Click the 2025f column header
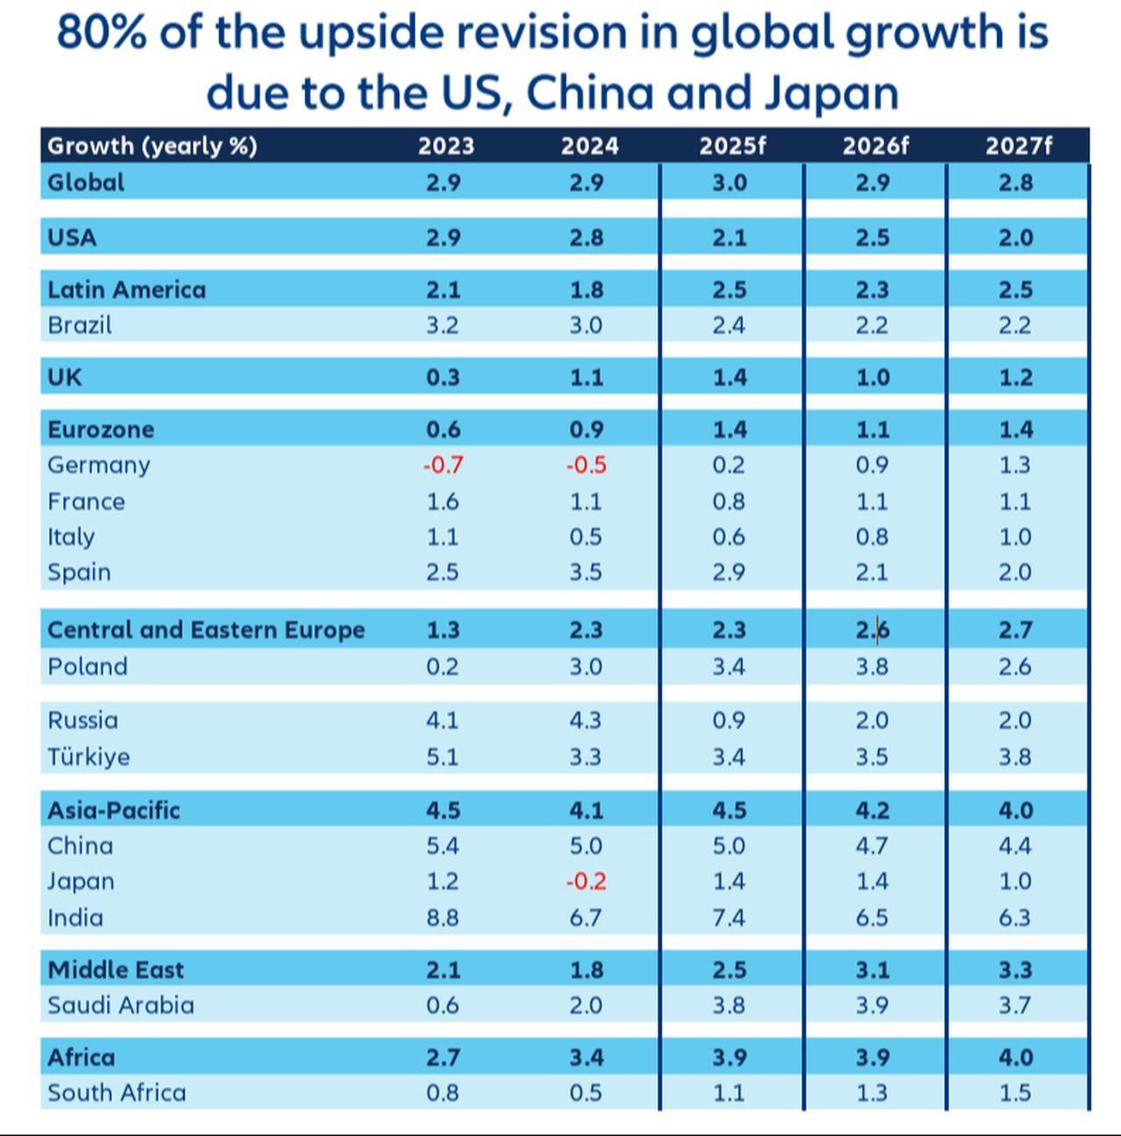tap(731, 145)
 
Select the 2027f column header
tap(1018, 145)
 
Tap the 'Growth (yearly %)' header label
tap(152, 145)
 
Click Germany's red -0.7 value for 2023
tap(442, 465)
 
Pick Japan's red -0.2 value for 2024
tap(586, 881)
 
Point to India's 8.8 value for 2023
tap(442, 917)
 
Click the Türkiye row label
tap(88, 757)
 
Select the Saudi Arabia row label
tap(121, 1005)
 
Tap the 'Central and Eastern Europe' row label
tap(206, 630)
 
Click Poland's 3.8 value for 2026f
tap(872, 667)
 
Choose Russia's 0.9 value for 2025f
tap(729, 720)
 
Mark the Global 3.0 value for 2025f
tap(729, 182)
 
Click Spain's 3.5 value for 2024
tap(586, 572)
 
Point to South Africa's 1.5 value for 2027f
tap(1015, 1092)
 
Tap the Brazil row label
tap(80, 325)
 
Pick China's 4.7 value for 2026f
tap(872, 846)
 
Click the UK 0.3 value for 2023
tap(442, 377)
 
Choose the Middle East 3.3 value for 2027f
tap(1015, 970)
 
